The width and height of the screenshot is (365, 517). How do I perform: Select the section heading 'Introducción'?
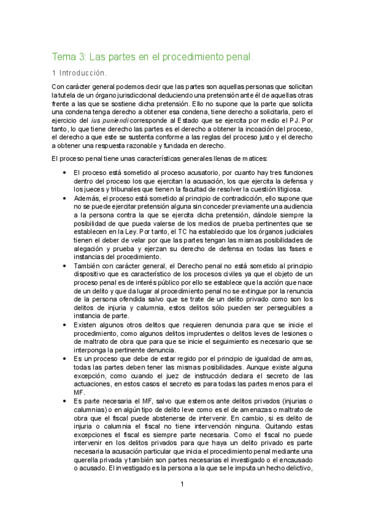click(x=84, y=73)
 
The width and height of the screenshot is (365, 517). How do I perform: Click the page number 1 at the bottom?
click(x=182, y=485)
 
